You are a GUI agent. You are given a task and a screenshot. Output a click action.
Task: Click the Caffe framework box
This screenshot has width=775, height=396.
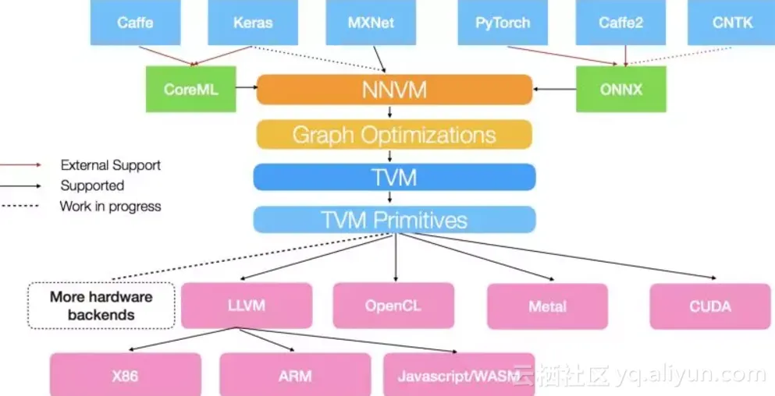pyautogui.click(x=135, y=23)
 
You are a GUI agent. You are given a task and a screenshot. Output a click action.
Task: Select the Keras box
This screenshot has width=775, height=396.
pyautogui.click(x=254, y=23)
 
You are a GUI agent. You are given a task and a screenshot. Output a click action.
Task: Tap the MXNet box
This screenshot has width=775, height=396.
pyautogui.click(x=371, y=23)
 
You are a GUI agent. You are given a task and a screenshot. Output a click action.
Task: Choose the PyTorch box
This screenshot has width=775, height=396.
pyautogui.click(x=503, y=23)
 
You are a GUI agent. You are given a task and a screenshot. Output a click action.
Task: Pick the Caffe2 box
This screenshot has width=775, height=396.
pyautogui.click(x=621, y=23)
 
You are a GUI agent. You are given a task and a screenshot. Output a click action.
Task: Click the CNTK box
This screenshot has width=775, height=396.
pyautogui.click(x=732, y=23)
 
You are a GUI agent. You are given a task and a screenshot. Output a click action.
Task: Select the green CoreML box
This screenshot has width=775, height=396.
pyautogui.click(x=190, y=89)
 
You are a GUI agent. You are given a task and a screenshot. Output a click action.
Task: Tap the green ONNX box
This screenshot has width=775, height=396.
pyautogui.click(x=621, y=89)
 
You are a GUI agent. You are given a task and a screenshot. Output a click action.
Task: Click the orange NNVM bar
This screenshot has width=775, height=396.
pyautogui.click(x=394, y=90)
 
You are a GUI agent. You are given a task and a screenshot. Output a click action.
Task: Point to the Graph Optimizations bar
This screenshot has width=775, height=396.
pyautogui.click(x=394, y=134)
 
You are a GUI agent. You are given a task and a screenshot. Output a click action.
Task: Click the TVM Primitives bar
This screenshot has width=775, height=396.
pyautogui.click(x=394, y=220)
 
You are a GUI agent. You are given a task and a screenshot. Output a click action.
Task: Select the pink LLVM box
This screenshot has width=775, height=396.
pyautogui.click(x=247, y=305)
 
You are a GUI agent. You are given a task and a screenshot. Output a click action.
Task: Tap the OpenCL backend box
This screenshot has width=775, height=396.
pyautogui.click(x=393, y=306)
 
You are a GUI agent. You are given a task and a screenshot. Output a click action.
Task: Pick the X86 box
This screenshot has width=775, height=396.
pyautogui.click(x=125, y=375)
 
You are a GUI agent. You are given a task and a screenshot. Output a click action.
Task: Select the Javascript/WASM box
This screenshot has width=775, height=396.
pyautogui.click(x=459, y=376)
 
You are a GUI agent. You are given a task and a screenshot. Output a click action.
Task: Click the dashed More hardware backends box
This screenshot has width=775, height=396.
pyautogui.click(x=101, y=306)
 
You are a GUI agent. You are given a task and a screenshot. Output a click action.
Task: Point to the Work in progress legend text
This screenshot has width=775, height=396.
pyautogui.click(x=110, y=207)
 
